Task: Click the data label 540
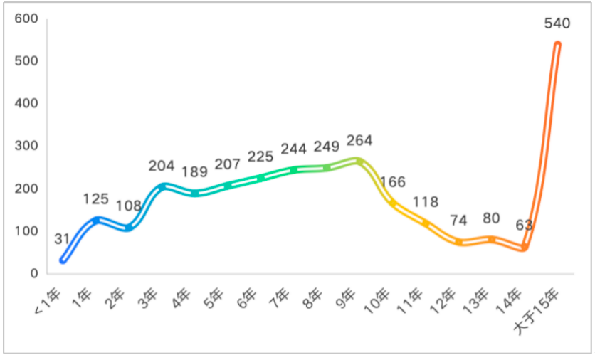click(557, 23)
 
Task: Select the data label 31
click(62, 239)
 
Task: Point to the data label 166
click(393, 181)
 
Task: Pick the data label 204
click(162, 166)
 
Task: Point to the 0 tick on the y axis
click(33, 274)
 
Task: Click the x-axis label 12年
click(443, 299)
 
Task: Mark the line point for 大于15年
click(557, 44)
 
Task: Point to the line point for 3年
click(162, 187)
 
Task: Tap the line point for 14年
click(525, 247)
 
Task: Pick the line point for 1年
click(96, 221)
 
